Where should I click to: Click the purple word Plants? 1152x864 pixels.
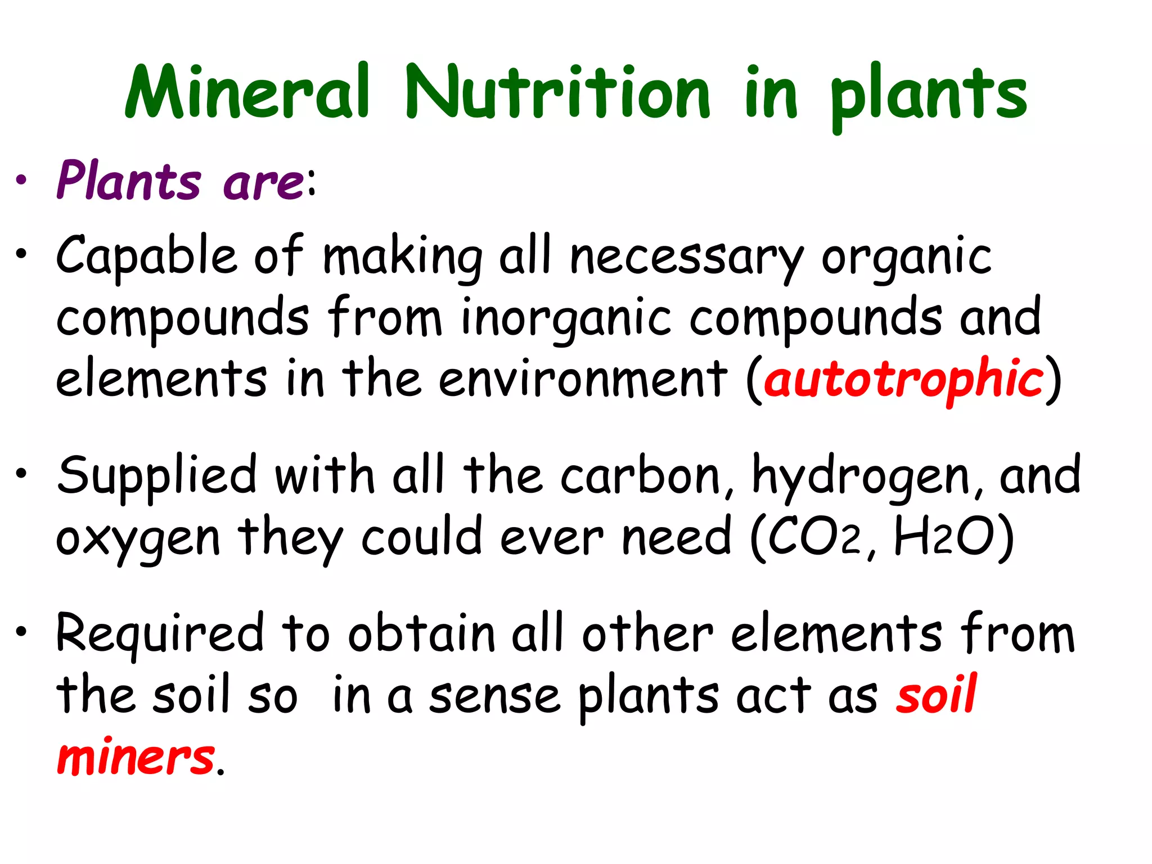[129, 181]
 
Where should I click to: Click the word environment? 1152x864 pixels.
[583, 379]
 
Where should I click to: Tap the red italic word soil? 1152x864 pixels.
[937, 695]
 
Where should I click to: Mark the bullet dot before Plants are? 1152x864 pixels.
[21, 181]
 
